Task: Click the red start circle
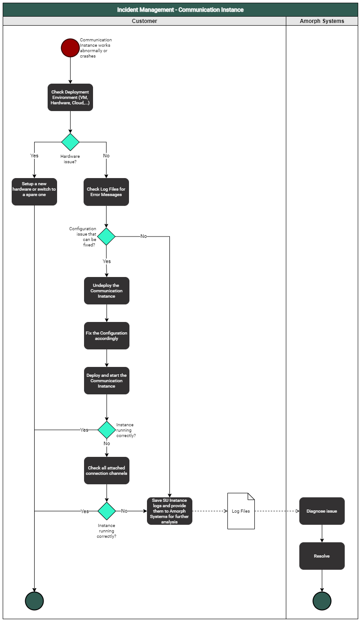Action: [70, 48]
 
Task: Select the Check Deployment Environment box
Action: [70, 98]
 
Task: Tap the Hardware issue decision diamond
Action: [70, 142]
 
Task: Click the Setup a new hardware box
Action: [34, 192]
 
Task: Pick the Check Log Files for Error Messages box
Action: [106, 192]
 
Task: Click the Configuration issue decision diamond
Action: [107, 237]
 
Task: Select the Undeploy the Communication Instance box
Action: [107, 291]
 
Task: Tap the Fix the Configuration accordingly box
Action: [107, 336]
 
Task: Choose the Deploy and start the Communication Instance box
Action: [107, 381]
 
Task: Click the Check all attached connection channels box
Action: [107, 471]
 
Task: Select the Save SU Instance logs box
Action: [169, 511]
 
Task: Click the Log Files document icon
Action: [241, 511]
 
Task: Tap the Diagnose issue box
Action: [322, 511]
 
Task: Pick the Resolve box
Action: [322, 556]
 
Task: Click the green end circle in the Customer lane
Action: [34, 601]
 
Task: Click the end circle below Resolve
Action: [322, 601]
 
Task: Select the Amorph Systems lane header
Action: [322, 21]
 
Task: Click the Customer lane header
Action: [144, 21]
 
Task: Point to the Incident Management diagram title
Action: [180, 10]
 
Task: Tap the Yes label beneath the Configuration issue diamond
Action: [107, 261]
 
